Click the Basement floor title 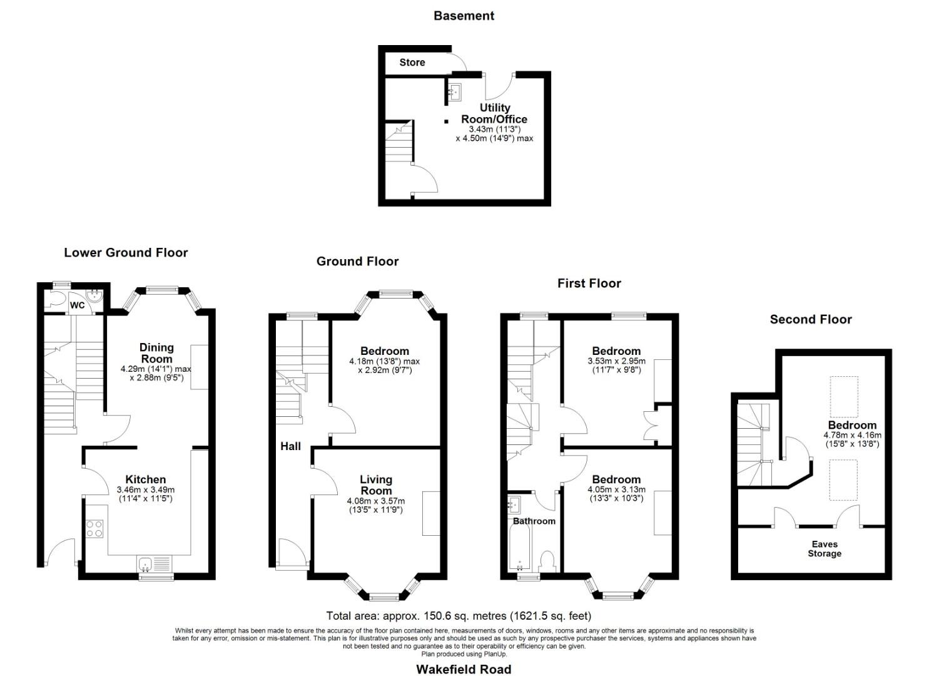pyautogui.click(x=464, y=16)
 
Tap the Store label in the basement pyautogui.click(x=412, y=62)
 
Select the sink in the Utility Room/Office pyautogui.click(x=455, y=91)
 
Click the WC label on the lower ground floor pyautogui.click(x=77, y=305)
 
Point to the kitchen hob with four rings pyautogui.click(x=94, y=529)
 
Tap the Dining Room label pyautogui.click(x=156, y=353)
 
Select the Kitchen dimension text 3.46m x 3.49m pyautogui.click(x=146, y=490)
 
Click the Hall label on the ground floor pyautogui.click(x=290, y=446)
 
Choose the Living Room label pyautogui.click(x=375, y=484)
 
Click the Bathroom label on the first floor pyautogui.click(x=534, y=521)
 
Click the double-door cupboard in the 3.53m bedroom pyautogui.click(x=651, y=426)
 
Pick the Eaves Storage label pyautogui.click(x=824, y=549)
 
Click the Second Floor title pyautogui.click(x=810, y=319)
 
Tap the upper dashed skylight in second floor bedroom pyautogui.click(x=843, y=396)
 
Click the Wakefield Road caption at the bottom pyautogui.click(x=464, y=669)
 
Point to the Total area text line pyautogui.click(x=458, y=616)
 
